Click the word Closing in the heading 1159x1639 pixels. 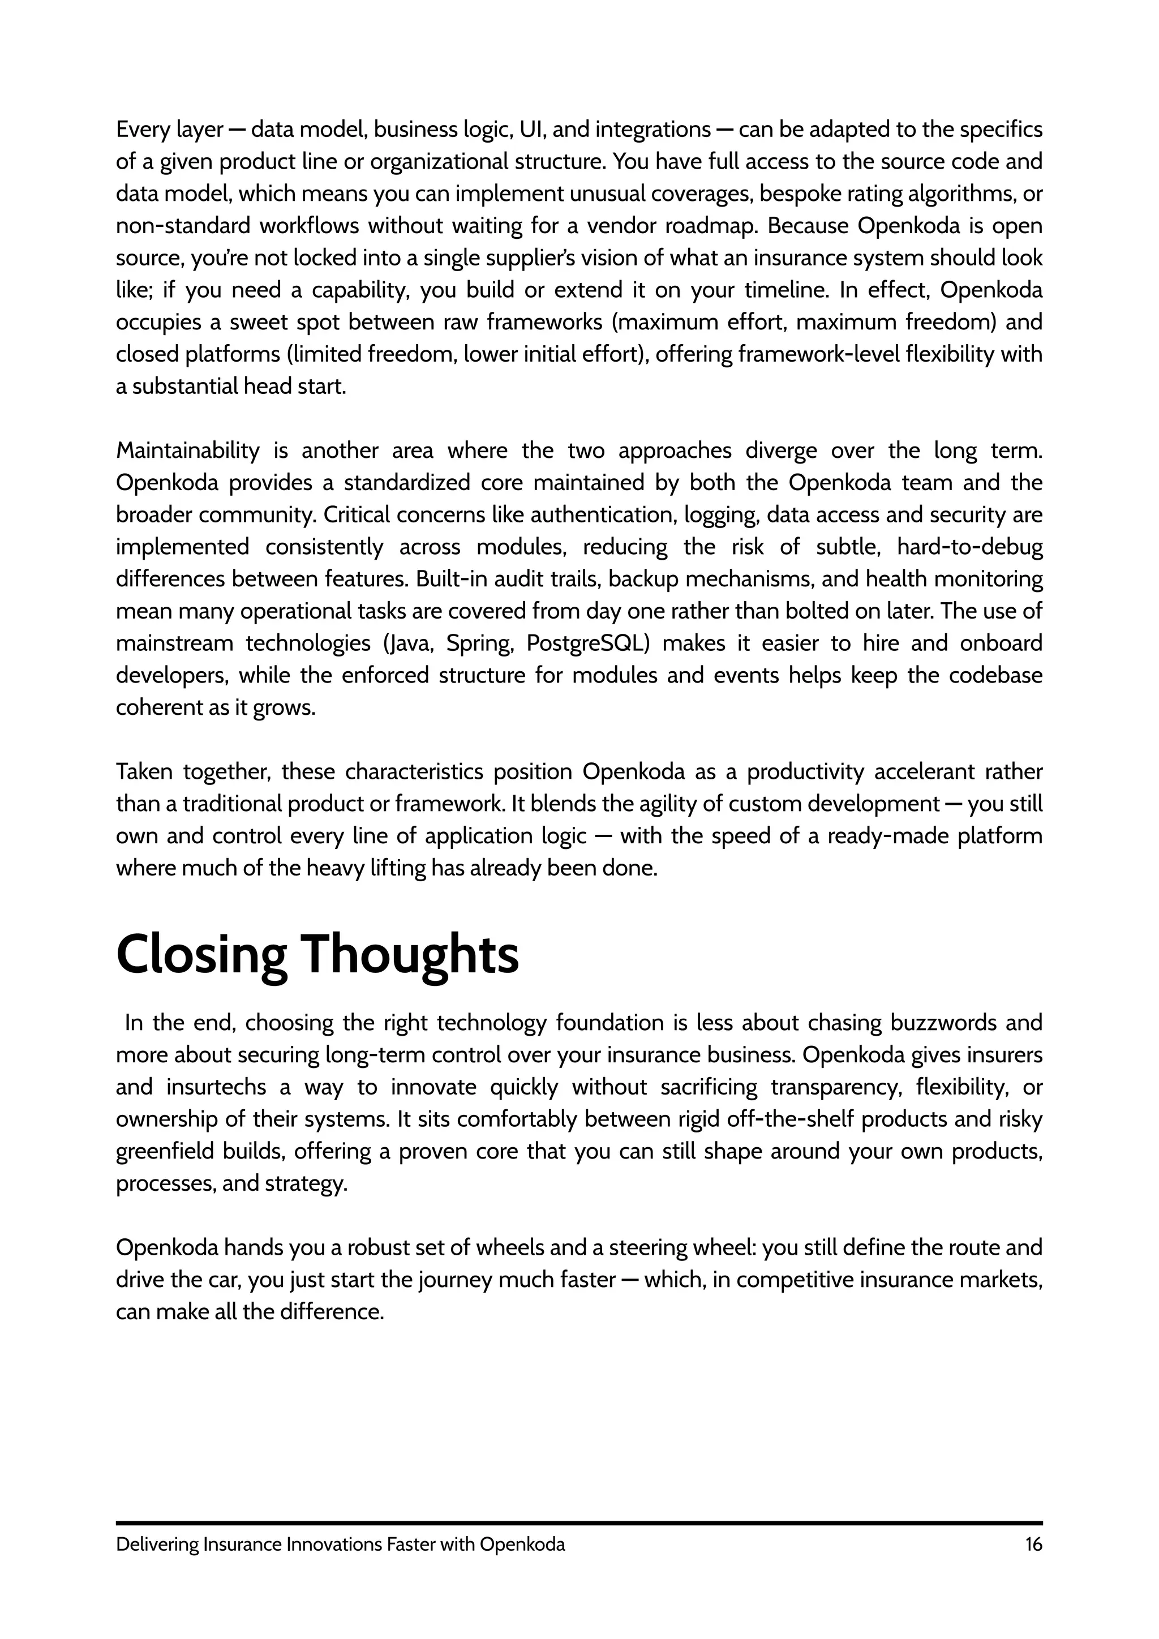[201, 956]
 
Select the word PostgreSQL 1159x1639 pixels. [587, 643]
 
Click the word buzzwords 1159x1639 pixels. [943, 1023]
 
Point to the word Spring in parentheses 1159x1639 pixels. [479, 643]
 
